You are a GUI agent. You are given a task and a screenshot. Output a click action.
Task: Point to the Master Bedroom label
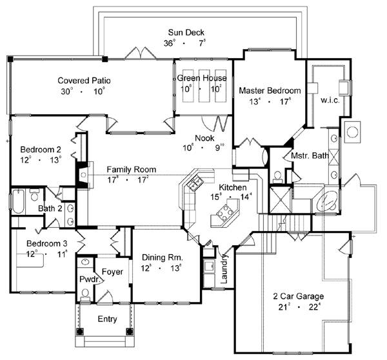click(270, 90)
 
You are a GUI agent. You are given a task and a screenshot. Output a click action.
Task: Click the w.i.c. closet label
click(330, 101)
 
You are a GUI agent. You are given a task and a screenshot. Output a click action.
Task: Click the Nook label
click(205, 137)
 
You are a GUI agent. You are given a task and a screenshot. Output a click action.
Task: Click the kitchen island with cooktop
click(226, 211)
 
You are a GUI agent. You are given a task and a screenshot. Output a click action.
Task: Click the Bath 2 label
click(49, 208)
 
